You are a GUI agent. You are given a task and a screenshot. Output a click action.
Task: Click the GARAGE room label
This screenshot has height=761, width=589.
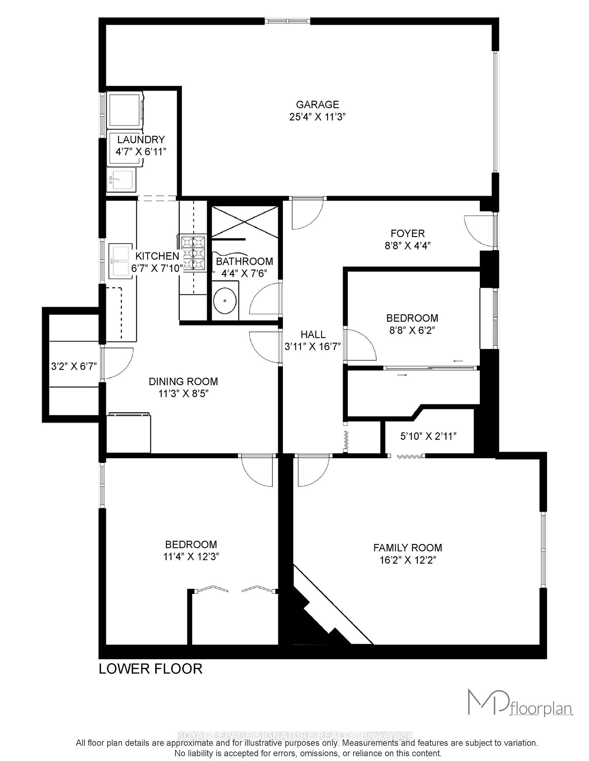[x=318, y=105]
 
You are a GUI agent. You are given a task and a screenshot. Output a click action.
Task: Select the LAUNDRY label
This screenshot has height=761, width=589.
[x=141, y=140]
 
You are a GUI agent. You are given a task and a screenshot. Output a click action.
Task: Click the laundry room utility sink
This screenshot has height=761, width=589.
[x=121, y=179]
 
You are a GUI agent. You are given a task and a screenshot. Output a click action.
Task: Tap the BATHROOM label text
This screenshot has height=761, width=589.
[x=244, y=262]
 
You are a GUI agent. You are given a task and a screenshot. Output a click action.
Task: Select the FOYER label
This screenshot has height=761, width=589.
[x=408, y=233]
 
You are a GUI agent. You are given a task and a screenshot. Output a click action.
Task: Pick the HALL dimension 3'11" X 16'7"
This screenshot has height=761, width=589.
[x=313, y=347]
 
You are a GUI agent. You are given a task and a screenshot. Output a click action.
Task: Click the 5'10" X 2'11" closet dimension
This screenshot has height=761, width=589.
[x=428, y=437]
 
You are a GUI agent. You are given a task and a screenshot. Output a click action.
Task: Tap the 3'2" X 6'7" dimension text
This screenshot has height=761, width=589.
[x=74, y=367]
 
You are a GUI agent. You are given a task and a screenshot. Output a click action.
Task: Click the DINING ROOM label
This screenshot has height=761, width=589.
[x=183, y=382]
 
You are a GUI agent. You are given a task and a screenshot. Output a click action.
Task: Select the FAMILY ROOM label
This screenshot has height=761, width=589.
[x=408, y=548]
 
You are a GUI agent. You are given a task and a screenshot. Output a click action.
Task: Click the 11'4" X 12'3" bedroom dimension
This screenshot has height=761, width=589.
[x=191, y=557]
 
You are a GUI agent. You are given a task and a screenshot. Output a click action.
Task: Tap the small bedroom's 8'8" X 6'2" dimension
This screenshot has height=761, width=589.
[x=412, y=331]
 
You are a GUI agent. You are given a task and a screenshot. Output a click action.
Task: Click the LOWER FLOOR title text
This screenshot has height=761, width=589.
[x=150, y=669]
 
